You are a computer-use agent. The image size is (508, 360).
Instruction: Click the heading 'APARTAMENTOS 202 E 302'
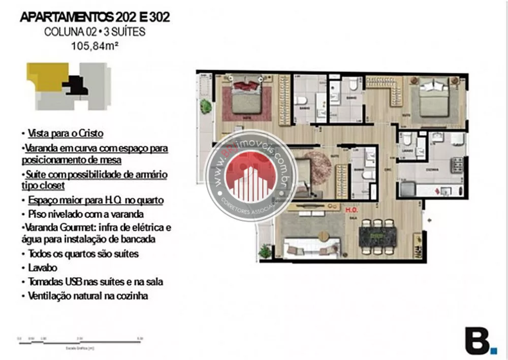(94, 17)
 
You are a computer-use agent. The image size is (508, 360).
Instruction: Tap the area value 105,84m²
(94, 46)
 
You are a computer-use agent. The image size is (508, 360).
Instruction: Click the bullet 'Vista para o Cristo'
(66, 134)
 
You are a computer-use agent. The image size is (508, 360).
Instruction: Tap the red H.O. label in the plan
(351, 209)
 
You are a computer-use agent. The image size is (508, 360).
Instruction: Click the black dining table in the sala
(377, 237)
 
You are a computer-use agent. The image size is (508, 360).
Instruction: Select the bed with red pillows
(247, 99)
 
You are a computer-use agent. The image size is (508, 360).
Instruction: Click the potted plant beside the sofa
(265, 251)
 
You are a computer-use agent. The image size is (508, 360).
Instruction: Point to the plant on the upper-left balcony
(206, 107)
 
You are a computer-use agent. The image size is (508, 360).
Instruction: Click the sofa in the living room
(310, 248)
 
